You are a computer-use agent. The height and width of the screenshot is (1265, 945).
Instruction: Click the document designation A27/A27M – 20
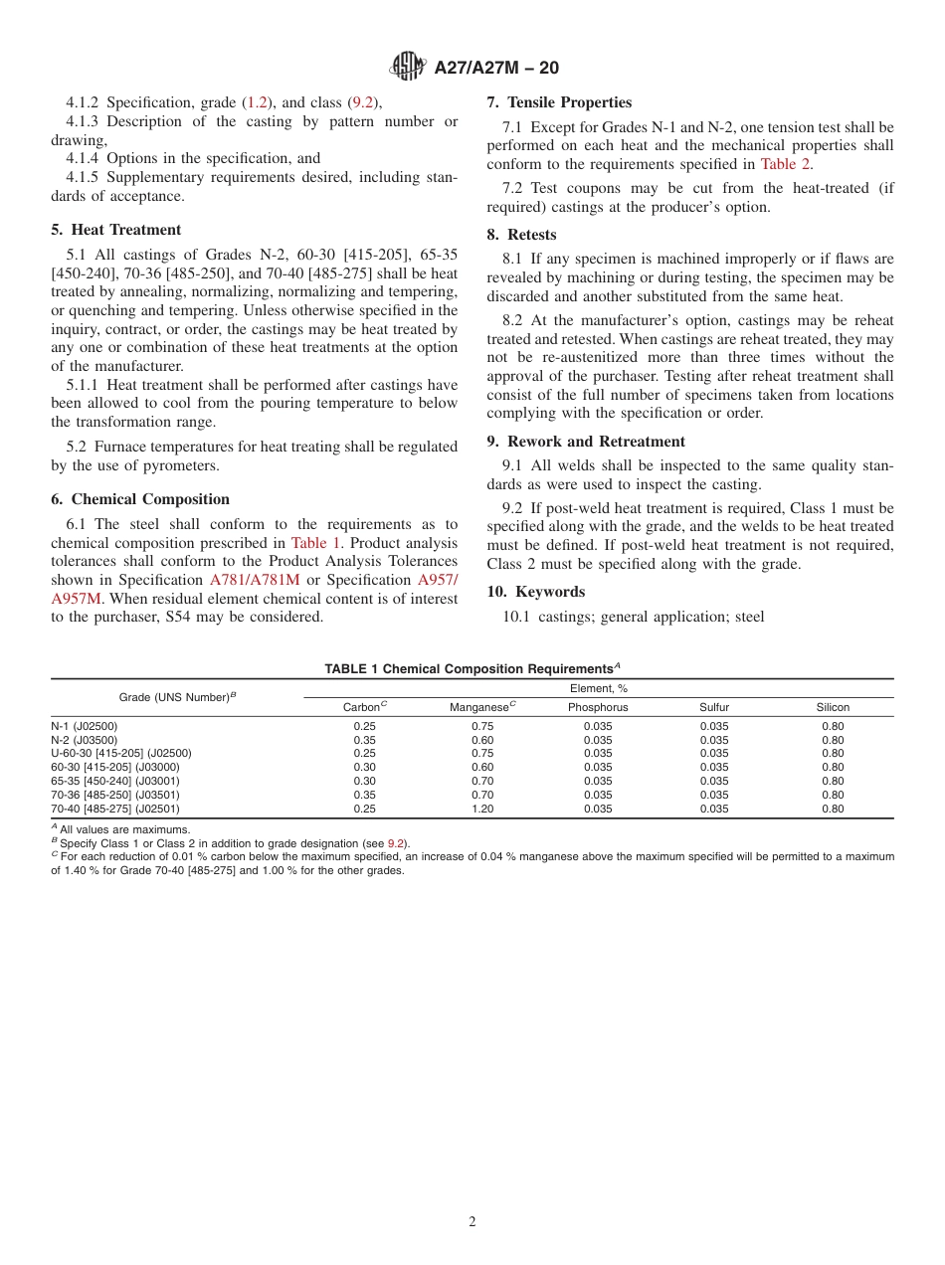coord(496,68)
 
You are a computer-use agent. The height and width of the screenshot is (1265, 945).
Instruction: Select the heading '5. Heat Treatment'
coord(116,230)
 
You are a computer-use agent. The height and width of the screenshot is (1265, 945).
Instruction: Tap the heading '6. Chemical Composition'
coord(140,499)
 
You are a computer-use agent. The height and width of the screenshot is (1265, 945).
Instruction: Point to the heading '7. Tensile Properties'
coord(559,102)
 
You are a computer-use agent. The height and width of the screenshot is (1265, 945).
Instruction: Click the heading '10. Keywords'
coord(535,592)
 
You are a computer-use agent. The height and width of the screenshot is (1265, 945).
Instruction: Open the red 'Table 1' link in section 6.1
coord(315,543)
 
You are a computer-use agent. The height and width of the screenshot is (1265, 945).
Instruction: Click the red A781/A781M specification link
coord(254,580)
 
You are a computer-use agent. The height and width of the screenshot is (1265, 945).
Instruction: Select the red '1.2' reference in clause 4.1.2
coord(258,102)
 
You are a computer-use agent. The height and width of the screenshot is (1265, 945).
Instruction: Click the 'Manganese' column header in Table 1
coord(479,707)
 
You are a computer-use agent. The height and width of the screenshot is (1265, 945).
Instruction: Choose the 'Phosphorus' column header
coord(597,707)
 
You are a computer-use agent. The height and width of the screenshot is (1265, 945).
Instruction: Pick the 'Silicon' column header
coord(833,707)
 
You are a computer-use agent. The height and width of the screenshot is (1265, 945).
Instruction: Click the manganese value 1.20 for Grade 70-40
coord(481,809)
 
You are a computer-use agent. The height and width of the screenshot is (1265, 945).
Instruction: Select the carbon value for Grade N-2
coord(364,740)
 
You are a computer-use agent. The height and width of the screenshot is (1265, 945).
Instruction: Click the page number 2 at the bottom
coord(472,1222)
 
